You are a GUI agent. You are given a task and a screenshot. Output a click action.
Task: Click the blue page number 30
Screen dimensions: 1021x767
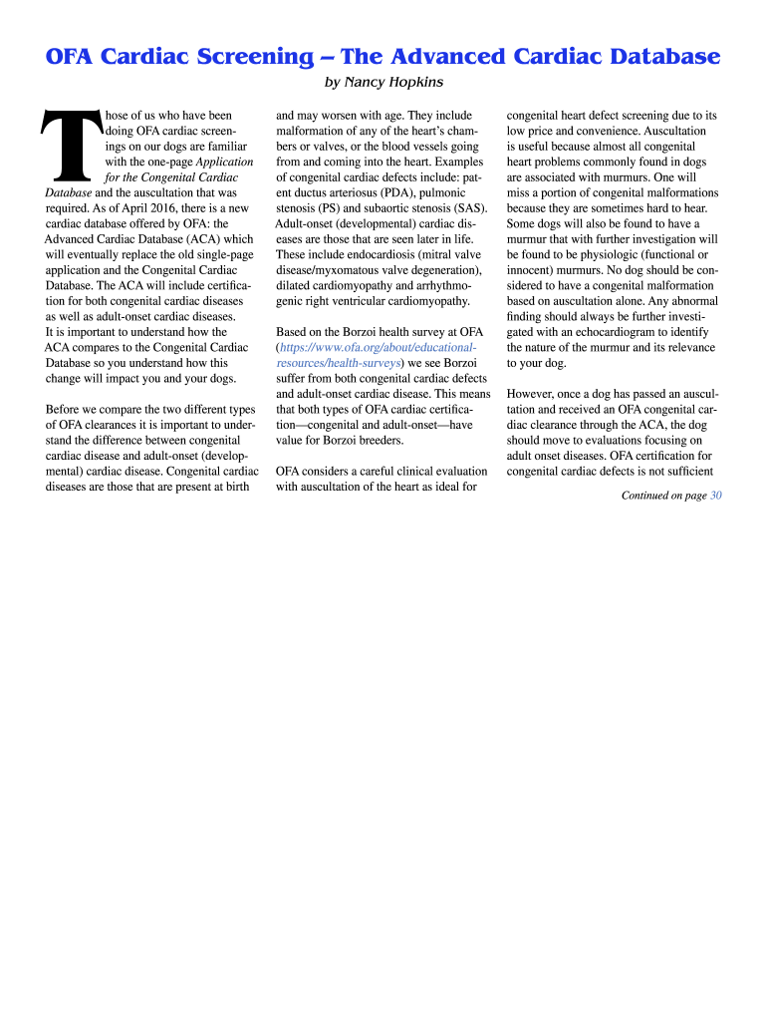tap(716, 496)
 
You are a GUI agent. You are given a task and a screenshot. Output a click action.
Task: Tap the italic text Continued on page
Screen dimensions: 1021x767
tap(663, 496)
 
